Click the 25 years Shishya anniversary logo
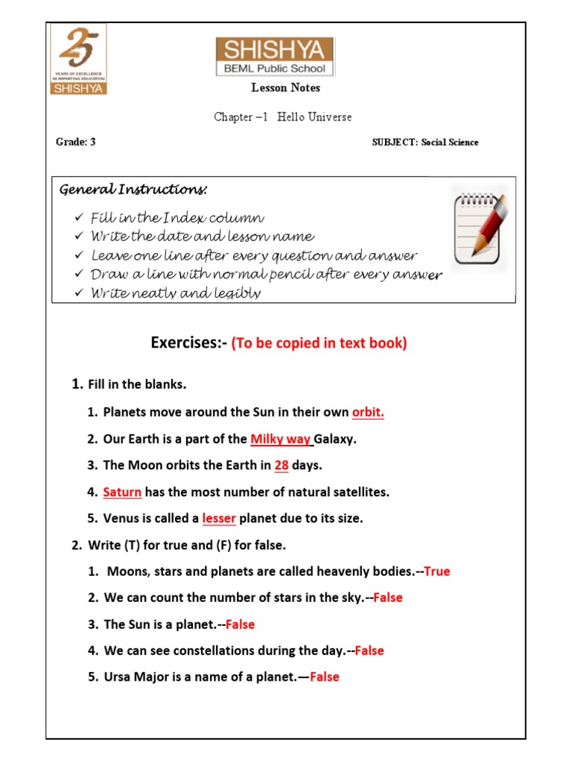pyautogui.click(x=78, y=59)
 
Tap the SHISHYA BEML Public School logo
pyautogui.click(x=275, y=57)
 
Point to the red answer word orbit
pyautogui.click(x=368, y=412)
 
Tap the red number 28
pyautogui.click(x=282, y=465)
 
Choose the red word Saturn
pyautogui.click(x=122, y=492)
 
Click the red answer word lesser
pyautogui.click(x=219, y=519)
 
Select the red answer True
pyautogui.click(x=437, y=571)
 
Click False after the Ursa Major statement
pyautogui.click(x=324, y=677)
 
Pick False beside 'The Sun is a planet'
pyautogui.click(x=240, y=624)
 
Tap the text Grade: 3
pyautogui.click(x=76, y=142)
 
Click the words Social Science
pyautogui.click(x=450, y=142)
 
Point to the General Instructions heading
pyautogui.click(x=133, y=190)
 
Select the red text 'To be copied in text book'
pyautogui.click(x=320, y=344)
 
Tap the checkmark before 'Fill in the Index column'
pyautogui.click(x=79, y=218)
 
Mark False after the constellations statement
pyautogui.click(x=369, y=650)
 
